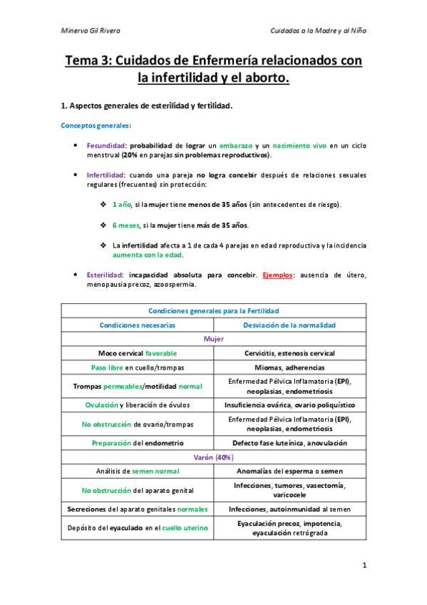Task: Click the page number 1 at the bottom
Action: pos(364,566)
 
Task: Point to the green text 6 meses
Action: pos(126,225)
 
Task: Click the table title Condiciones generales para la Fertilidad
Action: pos(214,310)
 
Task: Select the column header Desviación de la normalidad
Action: pos(289,325)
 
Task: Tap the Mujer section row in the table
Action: pos(214,339)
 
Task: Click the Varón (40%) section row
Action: pos(214,457)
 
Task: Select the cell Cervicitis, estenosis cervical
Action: pos(289,353)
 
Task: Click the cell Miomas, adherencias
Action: pos(289,367)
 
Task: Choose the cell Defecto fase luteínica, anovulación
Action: pos(289,442)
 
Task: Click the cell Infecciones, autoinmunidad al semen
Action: pos(289,509)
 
